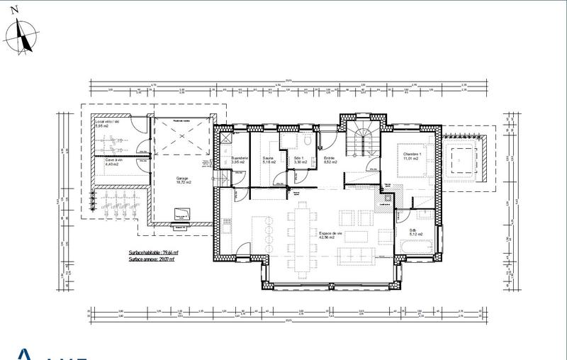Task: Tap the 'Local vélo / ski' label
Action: point(108,123)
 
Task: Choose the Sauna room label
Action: point(269,159)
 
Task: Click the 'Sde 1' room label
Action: point(299,159)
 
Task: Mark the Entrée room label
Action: point(330,159)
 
